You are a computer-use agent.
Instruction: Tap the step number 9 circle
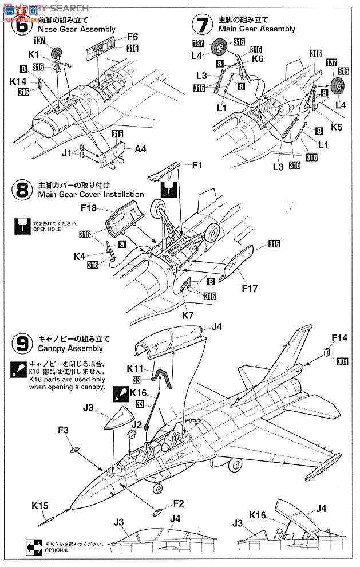pos(22,343)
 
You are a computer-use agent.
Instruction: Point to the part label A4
pos(140,148)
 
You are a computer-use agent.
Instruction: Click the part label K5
pos(337,127)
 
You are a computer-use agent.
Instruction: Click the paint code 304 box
pos(342,361)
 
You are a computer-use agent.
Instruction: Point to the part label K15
pos(40,505)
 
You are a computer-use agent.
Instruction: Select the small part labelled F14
pos(328,352)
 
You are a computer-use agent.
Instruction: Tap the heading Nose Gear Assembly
pos(77,29)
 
